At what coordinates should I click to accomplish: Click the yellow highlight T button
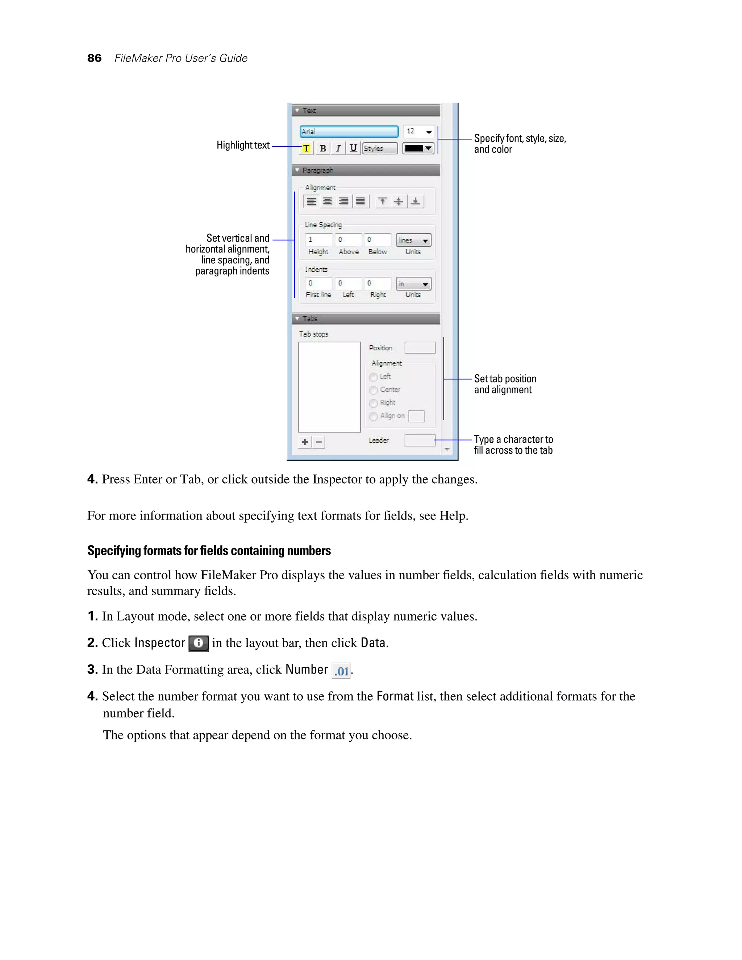click(307, 149)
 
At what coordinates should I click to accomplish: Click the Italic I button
click(338, 149)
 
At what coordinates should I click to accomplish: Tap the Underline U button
click(353, 149)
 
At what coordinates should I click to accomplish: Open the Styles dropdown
click(380, 149)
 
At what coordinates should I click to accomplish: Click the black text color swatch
click(418, 149)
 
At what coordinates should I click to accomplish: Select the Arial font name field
click(349, 132)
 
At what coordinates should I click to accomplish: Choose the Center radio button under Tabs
click(374, 390)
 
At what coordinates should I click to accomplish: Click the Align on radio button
click(374, 416)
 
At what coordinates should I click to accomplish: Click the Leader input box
click(420, 440)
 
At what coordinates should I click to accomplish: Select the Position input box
click(420, 348)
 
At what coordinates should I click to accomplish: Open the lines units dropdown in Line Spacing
click(413, 240)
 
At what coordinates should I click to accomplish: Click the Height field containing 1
click(318, 240)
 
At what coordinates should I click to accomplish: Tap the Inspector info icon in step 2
click(199, 643)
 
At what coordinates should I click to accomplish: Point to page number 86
click(95, 58)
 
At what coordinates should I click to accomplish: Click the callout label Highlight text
click(243, 145)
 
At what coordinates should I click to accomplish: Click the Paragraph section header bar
click(366, 170)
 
